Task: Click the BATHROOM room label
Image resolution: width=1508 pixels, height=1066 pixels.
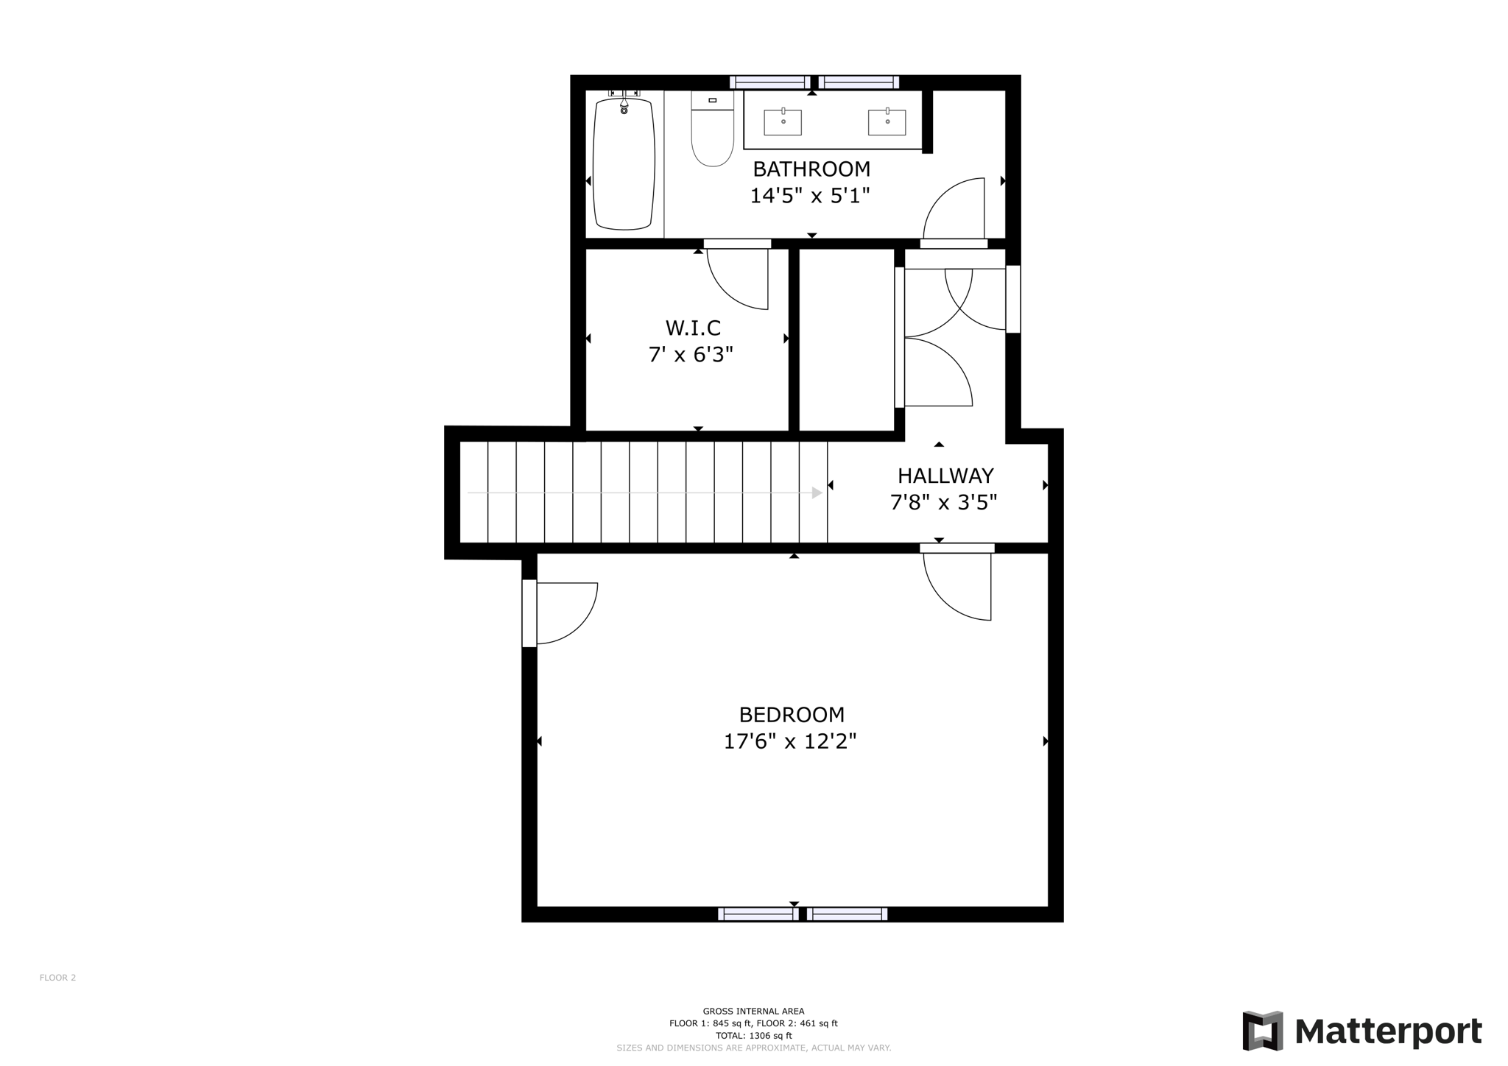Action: coord(811,169)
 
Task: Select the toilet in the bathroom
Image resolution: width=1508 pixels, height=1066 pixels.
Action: coord(712,133)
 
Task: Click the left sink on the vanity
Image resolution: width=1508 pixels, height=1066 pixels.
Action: coord(782,122)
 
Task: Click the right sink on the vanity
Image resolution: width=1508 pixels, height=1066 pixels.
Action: coord(887,122)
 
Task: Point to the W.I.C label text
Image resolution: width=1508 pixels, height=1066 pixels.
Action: coord(692,328)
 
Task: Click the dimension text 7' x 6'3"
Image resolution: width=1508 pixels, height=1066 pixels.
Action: coord(691,355)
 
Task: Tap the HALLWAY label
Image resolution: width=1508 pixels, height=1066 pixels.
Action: coord(945,476)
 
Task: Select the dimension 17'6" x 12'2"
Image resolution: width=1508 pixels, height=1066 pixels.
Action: coord(789,741)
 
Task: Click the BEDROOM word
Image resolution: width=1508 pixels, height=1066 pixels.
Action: coord(792,715)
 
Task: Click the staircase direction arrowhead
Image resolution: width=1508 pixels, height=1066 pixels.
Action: coord(817,493)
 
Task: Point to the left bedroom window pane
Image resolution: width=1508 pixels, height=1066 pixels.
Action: coord(758,914)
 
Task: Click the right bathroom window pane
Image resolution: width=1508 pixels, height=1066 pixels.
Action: coord(858,82)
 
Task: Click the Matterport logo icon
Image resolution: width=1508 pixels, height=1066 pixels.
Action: coord(1262,1031)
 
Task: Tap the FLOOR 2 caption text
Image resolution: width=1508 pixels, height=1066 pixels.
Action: coord(57,978)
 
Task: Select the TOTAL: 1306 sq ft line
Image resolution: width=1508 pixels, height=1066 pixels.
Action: coord(753,1035)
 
